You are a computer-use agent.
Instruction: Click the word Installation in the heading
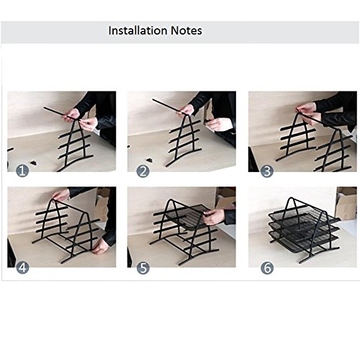click(x=138, y=30)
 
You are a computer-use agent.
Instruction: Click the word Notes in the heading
click(x=186, y=30)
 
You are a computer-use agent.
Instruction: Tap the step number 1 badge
click(x=22, y=171)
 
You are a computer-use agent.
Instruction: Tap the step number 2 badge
click(x=143, y=171)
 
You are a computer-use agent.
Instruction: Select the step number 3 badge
click(x=267, y=171)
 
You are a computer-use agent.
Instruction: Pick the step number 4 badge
click(x=22, y=268)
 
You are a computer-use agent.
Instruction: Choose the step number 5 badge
click(x=143, y=268)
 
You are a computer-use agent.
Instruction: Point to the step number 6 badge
click(x=267, y=268)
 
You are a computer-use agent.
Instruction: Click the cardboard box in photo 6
click(x=346, y=203)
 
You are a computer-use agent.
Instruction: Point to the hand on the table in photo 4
click(x=100, y=246)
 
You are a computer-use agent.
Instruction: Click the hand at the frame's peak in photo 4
click(x=60, y=195)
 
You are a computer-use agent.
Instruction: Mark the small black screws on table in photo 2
click(x=150, y=160)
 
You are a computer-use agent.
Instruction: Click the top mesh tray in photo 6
click(x=305, y=216)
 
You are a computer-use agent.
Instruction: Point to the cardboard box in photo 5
click(x=225, y=197)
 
